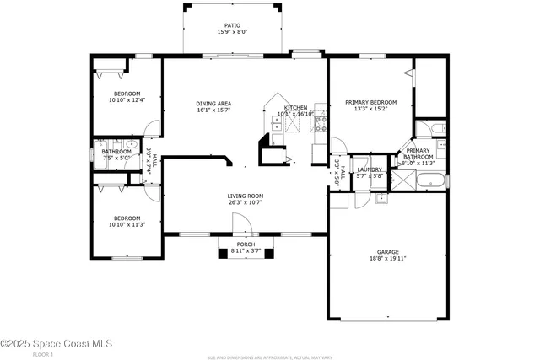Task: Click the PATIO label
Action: point(232,26)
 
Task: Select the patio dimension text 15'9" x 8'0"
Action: point(232,33)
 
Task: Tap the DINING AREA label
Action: point(213,104)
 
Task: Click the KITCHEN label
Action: point(295,107)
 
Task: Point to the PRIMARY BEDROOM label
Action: point(370,102)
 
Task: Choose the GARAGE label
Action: point(388,252)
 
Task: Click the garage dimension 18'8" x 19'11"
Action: point(388,259)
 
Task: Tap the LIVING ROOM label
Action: point(245,196)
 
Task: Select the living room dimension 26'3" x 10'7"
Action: point(245,202)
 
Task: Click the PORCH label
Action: point(246,244)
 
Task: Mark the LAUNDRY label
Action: point(370,169)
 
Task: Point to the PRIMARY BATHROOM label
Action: point(418,153)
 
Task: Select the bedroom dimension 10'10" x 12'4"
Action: point(127,100)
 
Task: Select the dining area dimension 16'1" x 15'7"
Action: point(213,110)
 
